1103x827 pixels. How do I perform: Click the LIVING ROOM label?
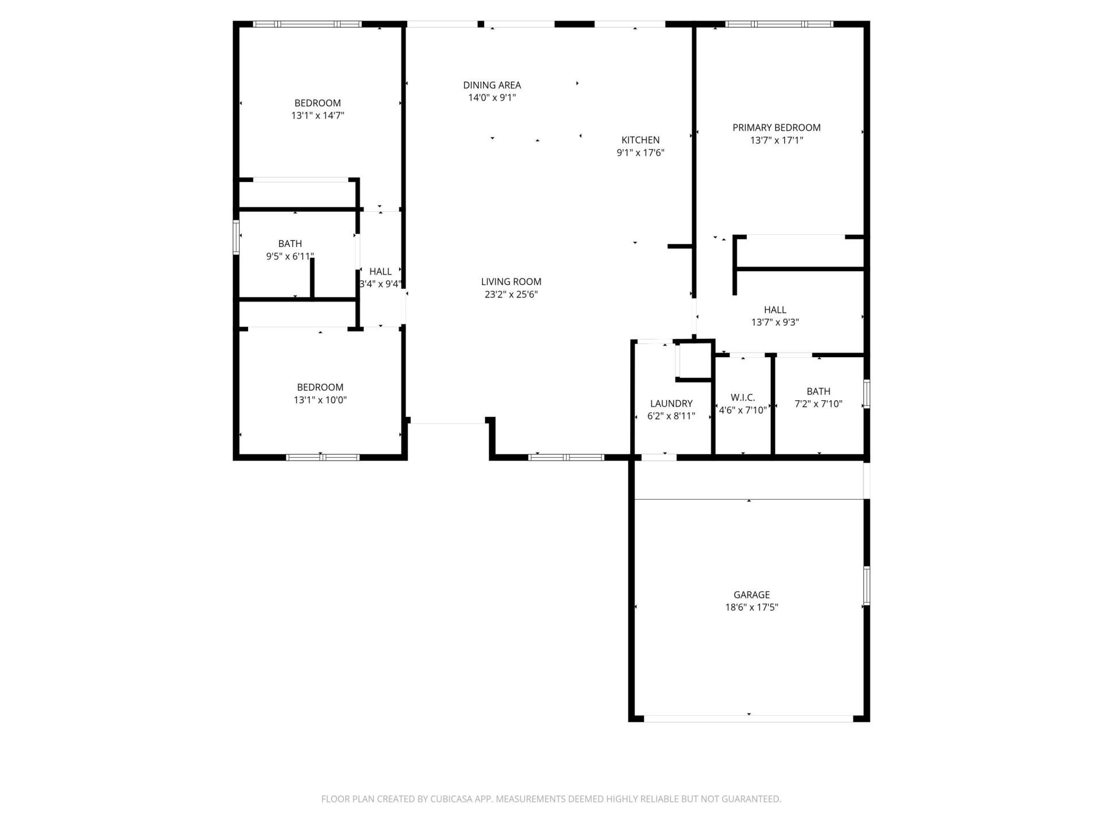click(x=511, y=281)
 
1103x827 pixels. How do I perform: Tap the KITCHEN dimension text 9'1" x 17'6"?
click(x=641, y=153)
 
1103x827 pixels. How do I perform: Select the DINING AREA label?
click(x=492, y=85)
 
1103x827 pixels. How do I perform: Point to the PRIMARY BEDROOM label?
click(x=776, y=127)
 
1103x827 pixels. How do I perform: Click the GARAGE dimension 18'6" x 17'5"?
click(x=751, y=607)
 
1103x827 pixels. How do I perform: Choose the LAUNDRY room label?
click(x=671, y=403)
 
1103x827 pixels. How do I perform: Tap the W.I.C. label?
click(x=743, y=397)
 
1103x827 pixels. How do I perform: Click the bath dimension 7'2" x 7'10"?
click(x=818, y=404)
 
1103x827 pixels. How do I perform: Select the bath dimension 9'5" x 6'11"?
click(x=290, y=256)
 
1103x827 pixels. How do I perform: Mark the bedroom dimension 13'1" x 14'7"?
click(x=318, y=115)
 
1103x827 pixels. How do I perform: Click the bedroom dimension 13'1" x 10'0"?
click(x=320, y=400)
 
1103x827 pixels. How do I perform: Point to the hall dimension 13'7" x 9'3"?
click(x=775, y=322)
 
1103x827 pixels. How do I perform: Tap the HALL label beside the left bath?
click(x=380, y=272)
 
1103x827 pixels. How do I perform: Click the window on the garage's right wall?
click(x=866, y=585)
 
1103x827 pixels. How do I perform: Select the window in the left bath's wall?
click(x=236, y=237)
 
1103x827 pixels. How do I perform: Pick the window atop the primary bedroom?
click(x=779, y=24)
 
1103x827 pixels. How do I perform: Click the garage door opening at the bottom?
click(x=749, y=718)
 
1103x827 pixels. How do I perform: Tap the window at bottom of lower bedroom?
click(x=322, y=457)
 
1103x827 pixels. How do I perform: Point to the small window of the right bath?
click(x=866, y=393)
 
